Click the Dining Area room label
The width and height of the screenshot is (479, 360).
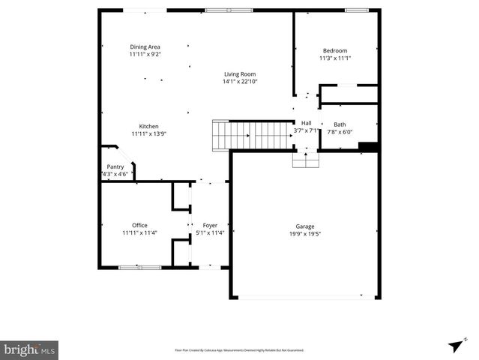pyautogui.click(x=145, y=46)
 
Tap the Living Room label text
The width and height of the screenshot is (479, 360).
pyautogui.click(x=239, y=73)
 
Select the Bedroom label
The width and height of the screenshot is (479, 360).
pyautogui.click(x=334, y=50)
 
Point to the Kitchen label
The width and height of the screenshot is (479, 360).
pyautogui.click(x=148, y=126)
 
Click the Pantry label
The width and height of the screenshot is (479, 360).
pyautogui.click(x=115, y=166)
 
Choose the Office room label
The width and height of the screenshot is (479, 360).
pyautogui.click(x=139, y=225)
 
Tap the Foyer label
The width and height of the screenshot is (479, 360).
pyautogui.click(x=210, y=225)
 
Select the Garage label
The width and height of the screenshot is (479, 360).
pyautogui.click(x=304, y=226)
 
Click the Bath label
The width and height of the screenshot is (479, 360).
pyautogui.click(x=340, y=124)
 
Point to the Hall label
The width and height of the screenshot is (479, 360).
pyautogui.click(x=306, y=123)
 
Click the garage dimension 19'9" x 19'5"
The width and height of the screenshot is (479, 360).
pyautogui.click(x=304, y=233)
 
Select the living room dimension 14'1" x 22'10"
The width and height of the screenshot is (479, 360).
pyautogui.click(x=239, y=82)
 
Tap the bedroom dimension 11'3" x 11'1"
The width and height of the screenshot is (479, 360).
pyautogui.click(x=334, y=58)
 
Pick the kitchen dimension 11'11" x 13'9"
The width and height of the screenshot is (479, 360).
pyautogui.click(x=148, y=134)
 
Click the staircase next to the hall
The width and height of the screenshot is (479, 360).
pyautogui.click(x=252, y=136)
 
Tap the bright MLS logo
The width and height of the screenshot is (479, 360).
pyautogui.click(x=29, y=349)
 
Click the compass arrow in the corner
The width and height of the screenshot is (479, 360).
pyautogui.click(x=454, y=345)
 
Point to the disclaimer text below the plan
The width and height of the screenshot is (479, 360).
pyautogui.click(x=239, y=349)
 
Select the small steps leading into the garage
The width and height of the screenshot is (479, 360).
pyautogui.click(x=305, y=160)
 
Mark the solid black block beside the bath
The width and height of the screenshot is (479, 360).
pyautogui.click(x=367, y=147)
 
